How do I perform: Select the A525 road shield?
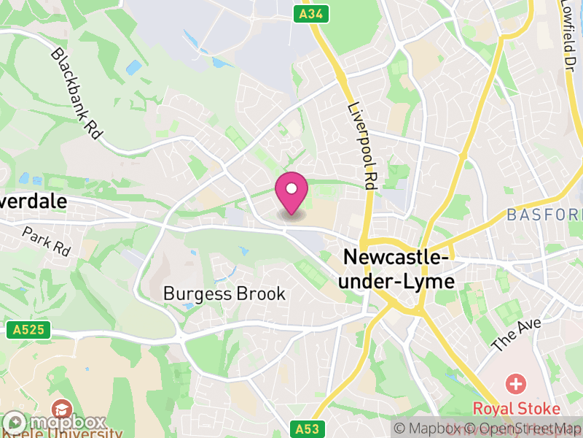29,330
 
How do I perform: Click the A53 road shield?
306,429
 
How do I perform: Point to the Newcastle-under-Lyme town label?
398,269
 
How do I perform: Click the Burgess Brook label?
224,293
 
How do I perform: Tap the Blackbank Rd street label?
77,95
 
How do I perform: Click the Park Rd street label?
46,242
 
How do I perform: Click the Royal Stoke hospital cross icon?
517,383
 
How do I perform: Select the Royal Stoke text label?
517,408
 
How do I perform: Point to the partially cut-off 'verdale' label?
34,201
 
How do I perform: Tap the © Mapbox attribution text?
430,429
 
